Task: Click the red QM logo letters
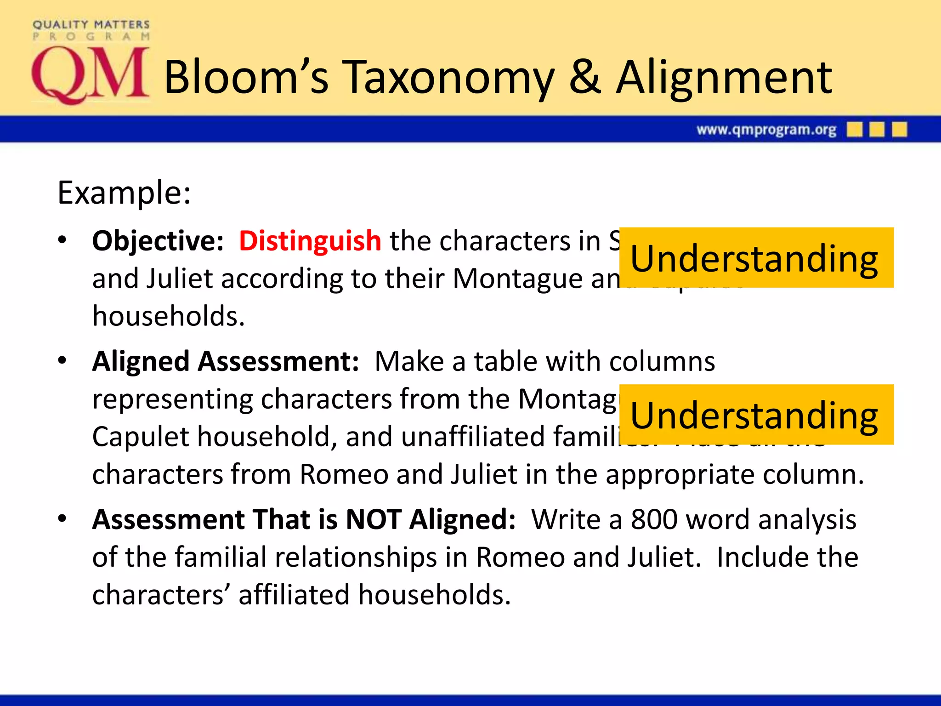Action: (90, 74)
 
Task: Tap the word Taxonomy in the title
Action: (450, 78)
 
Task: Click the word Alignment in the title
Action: (724, 78)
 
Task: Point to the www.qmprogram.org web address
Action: (766, 130)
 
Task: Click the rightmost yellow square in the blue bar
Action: (899, 130)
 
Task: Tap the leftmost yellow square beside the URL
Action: (854, 130)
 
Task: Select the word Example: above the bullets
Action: (124, 193)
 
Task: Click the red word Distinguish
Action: (310, 241)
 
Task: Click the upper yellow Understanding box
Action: (756, 258)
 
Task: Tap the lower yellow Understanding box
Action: (756, 415)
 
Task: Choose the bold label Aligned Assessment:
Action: (225, 361)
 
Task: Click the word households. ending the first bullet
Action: (169, 316)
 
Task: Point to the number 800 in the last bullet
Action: (654, 520)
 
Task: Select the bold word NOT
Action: (373, 520)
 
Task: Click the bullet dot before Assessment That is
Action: (62, 519)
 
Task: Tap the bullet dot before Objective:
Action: (62, 240)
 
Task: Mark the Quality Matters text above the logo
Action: (91, 24)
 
